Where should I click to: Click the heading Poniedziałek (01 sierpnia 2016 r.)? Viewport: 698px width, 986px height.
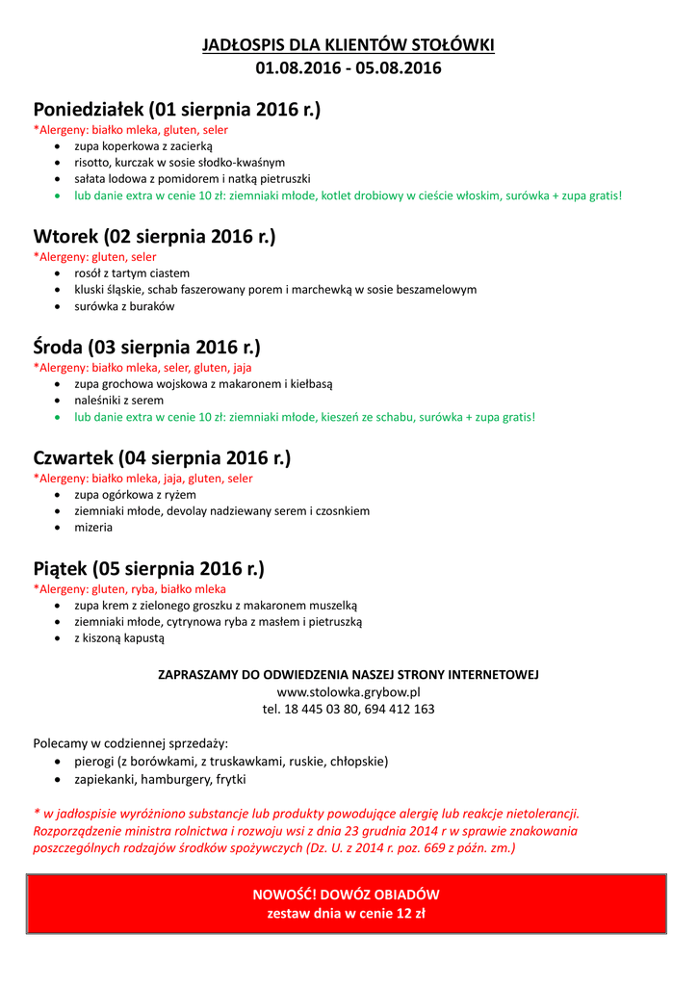(x=177, y=110)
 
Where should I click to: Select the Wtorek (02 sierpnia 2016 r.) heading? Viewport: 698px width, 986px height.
(x=154, y=237)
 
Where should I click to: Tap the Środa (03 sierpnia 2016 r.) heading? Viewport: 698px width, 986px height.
(x=146, y=347)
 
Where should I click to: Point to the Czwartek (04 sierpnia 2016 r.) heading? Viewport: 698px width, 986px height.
(x=162, y=457)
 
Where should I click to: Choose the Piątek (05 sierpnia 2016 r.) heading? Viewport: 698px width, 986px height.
(x=148, y=568)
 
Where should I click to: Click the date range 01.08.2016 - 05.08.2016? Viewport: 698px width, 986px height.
(x=349, y=68)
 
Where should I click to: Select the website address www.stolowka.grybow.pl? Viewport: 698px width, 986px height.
(x=349, y=691)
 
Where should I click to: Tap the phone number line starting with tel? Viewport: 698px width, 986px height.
(x=349, y=709)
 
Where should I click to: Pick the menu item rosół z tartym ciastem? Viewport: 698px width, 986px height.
(x=132, y=272)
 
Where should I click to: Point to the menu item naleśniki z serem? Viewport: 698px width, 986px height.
(x=119, y=400)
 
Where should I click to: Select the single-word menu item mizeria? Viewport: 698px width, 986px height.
(x=93, y=528)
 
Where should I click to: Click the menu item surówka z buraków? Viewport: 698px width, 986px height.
(x=124, y=306)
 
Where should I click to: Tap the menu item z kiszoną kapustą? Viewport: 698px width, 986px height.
(x=119, y=637)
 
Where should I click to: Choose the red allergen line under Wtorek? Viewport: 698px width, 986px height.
(x=95, y=257)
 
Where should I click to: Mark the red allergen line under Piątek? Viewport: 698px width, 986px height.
(x=130, y=588)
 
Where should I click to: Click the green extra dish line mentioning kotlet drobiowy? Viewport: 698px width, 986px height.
(x=349, y=195)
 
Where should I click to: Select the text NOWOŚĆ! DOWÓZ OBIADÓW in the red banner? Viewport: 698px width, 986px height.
(x=346, y=895)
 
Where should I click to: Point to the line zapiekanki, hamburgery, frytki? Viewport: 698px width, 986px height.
(x=160, y=779)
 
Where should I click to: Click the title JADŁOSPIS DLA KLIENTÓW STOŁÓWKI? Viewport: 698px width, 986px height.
(x=349, y=45)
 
